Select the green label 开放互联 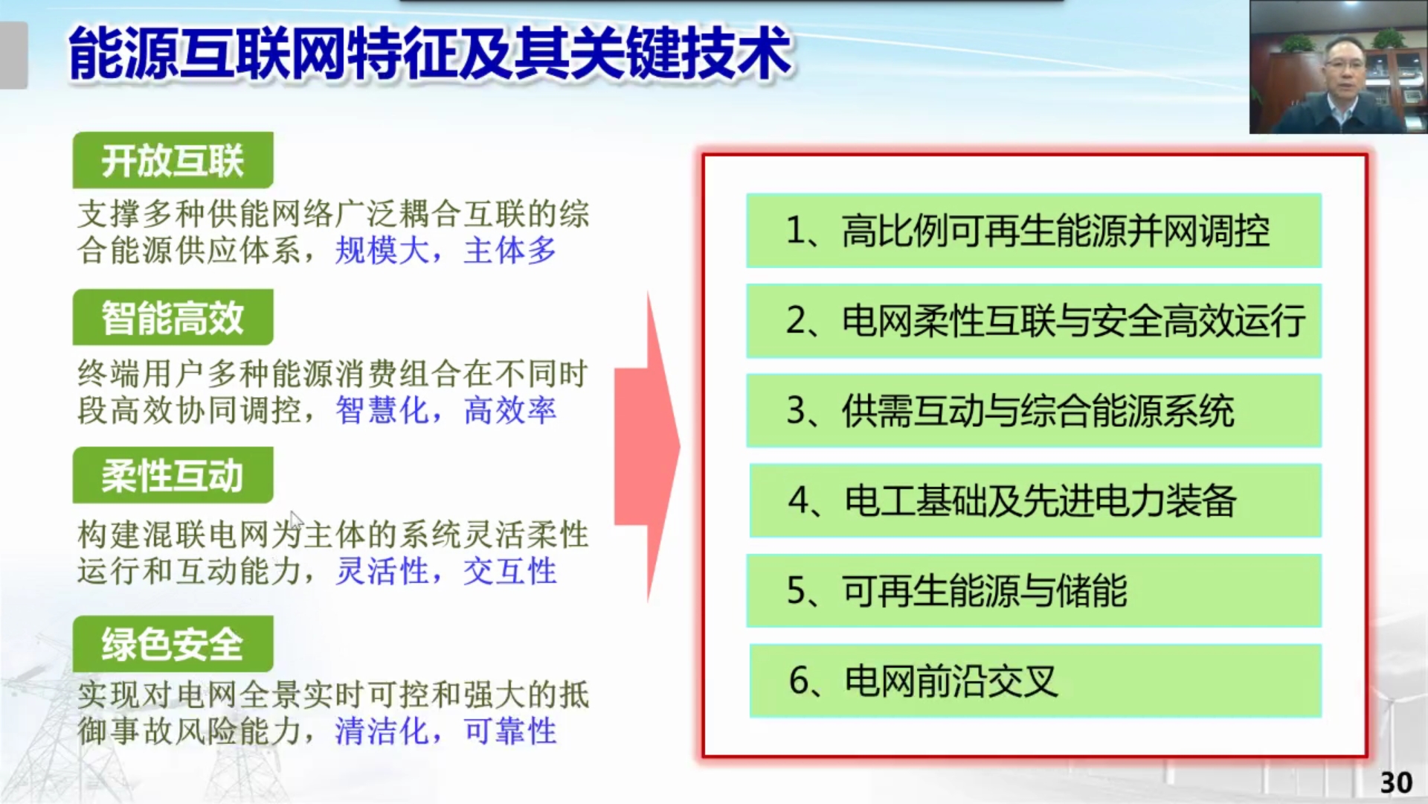[173, 160]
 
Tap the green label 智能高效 [173, 318]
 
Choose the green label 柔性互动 [173, 476]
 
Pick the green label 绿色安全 [173, 644]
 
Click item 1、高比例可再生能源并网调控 [1033, 231]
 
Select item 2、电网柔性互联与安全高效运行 [1033, 321]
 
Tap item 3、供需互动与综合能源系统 [1033, 411]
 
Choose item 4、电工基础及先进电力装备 [1035, 500]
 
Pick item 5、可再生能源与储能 [1033, 590]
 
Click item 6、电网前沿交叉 [1035, 680]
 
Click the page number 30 [1395, 782]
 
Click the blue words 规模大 [382, 251]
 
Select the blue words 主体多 [510, 251]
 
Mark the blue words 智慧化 [382, 410]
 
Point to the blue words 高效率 [510, 410]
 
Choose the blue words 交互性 [510, 572]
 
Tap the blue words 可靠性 [510, 731]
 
